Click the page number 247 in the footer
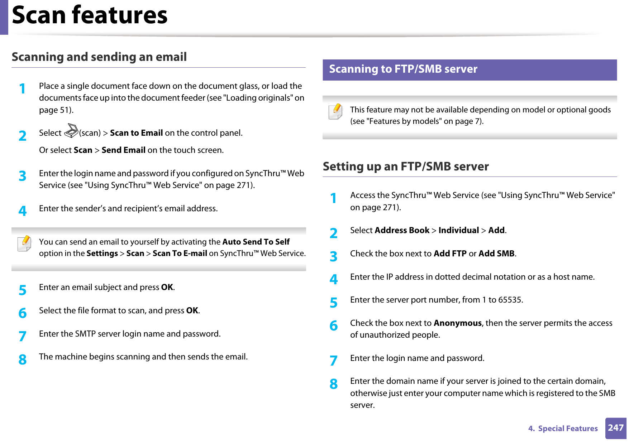click(x=615, y=428)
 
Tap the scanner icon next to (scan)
click(x=71, y=131)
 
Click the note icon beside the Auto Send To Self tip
click(x=25, y=243)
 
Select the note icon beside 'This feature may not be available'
click(x=335, y=111)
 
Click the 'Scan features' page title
click(x=90, y=15)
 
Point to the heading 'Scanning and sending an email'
click(x=99, y=57)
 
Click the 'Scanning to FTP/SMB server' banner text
click(x=403, y=69)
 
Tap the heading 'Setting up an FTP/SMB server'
click(x=405, y=166)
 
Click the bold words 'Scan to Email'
click(x=136, y=133)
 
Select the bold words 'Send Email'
click(x=123, y=150)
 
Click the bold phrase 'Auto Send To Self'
click(x=256, y=242)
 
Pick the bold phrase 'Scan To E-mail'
click(x=180, y=254)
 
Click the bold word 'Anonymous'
click(x=457, y=323)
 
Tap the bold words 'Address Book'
click(x=402, y=231)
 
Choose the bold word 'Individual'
click(x=458, y=231)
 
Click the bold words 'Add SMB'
click(x=496, y=254)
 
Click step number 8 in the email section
click(x=23, y=359)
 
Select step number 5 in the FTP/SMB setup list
click(x=334, y=303)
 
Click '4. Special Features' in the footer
click(x=563, y=429)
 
